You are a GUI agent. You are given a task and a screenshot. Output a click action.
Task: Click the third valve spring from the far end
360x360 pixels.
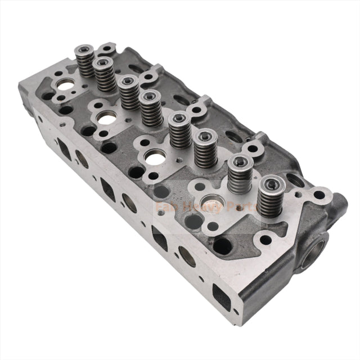(129, 92)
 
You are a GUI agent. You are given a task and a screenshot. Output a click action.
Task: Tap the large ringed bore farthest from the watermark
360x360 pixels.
(66, 85)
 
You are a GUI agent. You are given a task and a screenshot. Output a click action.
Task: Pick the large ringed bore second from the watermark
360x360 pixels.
(154, 159)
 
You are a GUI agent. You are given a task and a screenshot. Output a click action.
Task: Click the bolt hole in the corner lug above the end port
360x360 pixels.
(319, 195)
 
